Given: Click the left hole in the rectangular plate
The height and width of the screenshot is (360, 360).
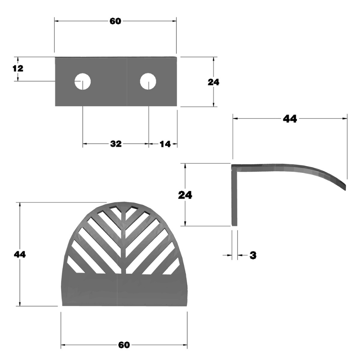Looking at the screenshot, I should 82,82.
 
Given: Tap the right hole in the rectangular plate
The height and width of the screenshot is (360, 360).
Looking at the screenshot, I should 148,81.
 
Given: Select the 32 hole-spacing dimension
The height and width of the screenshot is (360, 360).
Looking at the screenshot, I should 116,144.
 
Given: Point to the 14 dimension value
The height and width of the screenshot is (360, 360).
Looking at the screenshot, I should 165,144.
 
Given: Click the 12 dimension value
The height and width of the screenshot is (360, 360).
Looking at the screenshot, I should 18,68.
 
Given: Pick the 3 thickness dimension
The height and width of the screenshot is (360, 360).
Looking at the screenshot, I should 253,255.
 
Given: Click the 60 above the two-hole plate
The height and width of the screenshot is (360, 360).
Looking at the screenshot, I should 115,21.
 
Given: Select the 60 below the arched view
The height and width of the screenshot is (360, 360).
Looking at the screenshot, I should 124,345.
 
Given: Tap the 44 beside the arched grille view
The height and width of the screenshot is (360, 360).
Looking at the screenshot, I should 20,254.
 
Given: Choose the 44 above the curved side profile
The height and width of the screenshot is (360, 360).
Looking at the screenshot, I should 290,119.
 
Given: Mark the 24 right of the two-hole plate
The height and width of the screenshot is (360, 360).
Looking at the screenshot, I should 213,82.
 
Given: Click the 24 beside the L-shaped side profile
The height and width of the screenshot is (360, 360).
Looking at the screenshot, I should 185,195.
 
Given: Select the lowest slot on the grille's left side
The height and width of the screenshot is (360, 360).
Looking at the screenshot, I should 75,265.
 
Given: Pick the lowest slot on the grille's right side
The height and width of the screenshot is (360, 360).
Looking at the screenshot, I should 172,267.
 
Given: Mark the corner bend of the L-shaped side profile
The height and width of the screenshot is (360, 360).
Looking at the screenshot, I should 234,167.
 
